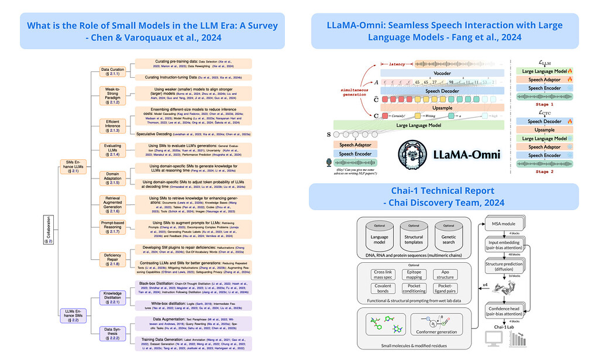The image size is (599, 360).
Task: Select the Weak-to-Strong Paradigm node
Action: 112,95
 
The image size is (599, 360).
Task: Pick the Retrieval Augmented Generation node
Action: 112,203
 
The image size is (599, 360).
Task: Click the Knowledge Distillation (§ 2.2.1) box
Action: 112,297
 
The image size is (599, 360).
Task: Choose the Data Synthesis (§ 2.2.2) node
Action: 112,333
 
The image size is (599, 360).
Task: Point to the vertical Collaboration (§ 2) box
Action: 48,230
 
